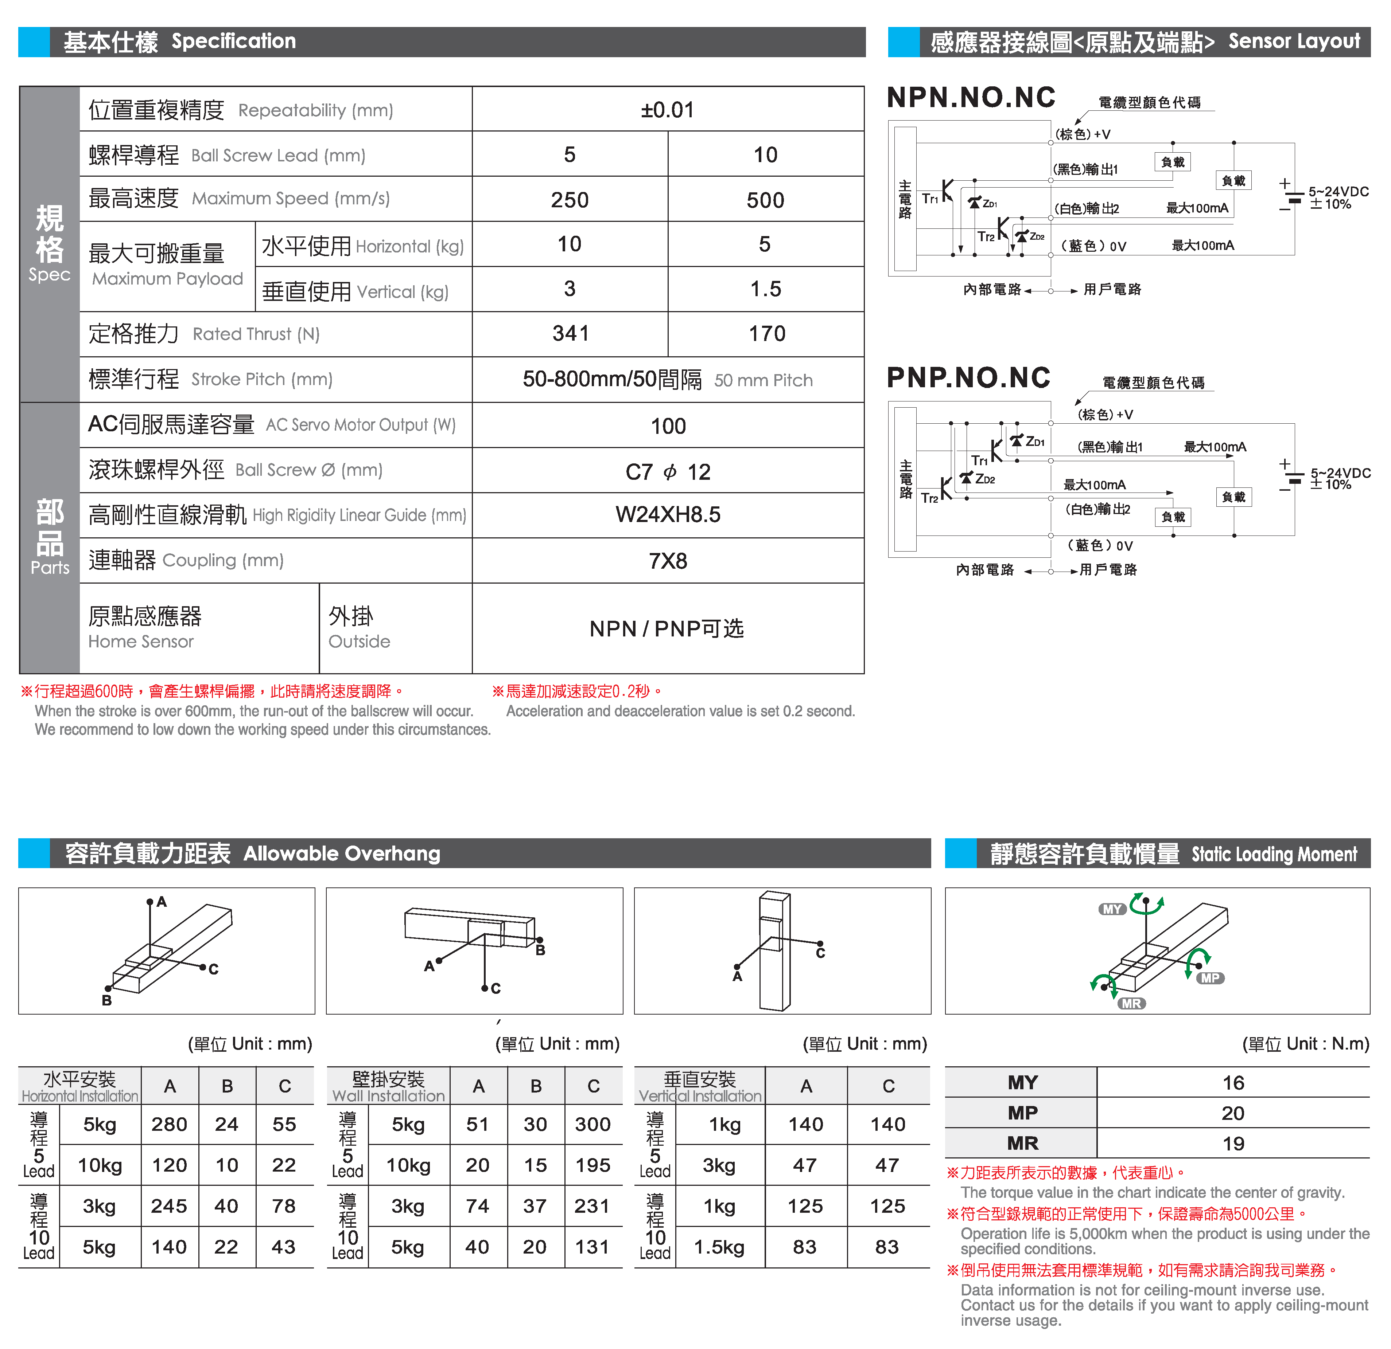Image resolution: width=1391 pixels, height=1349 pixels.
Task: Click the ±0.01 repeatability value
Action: tap(667, 110)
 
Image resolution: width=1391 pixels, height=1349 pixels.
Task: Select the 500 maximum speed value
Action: tap(765, 200)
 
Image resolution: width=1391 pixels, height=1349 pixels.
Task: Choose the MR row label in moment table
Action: tap(1022, 1143)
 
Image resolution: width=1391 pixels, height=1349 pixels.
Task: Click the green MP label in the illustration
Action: tap(1210, 978)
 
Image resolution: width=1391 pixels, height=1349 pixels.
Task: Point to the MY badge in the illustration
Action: tap(1112, 909)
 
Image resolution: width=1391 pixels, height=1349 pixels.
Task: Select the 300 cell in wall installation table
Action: tap(592, 1124)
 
